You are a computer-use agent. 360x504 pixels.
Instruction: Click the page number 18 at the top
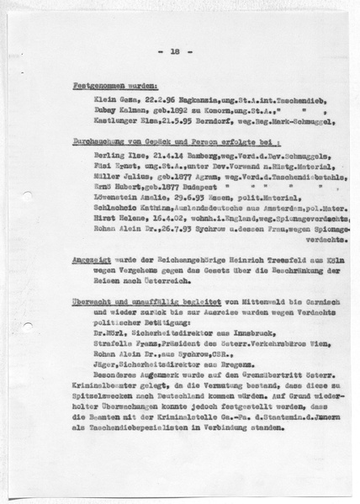click(175, 53)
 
